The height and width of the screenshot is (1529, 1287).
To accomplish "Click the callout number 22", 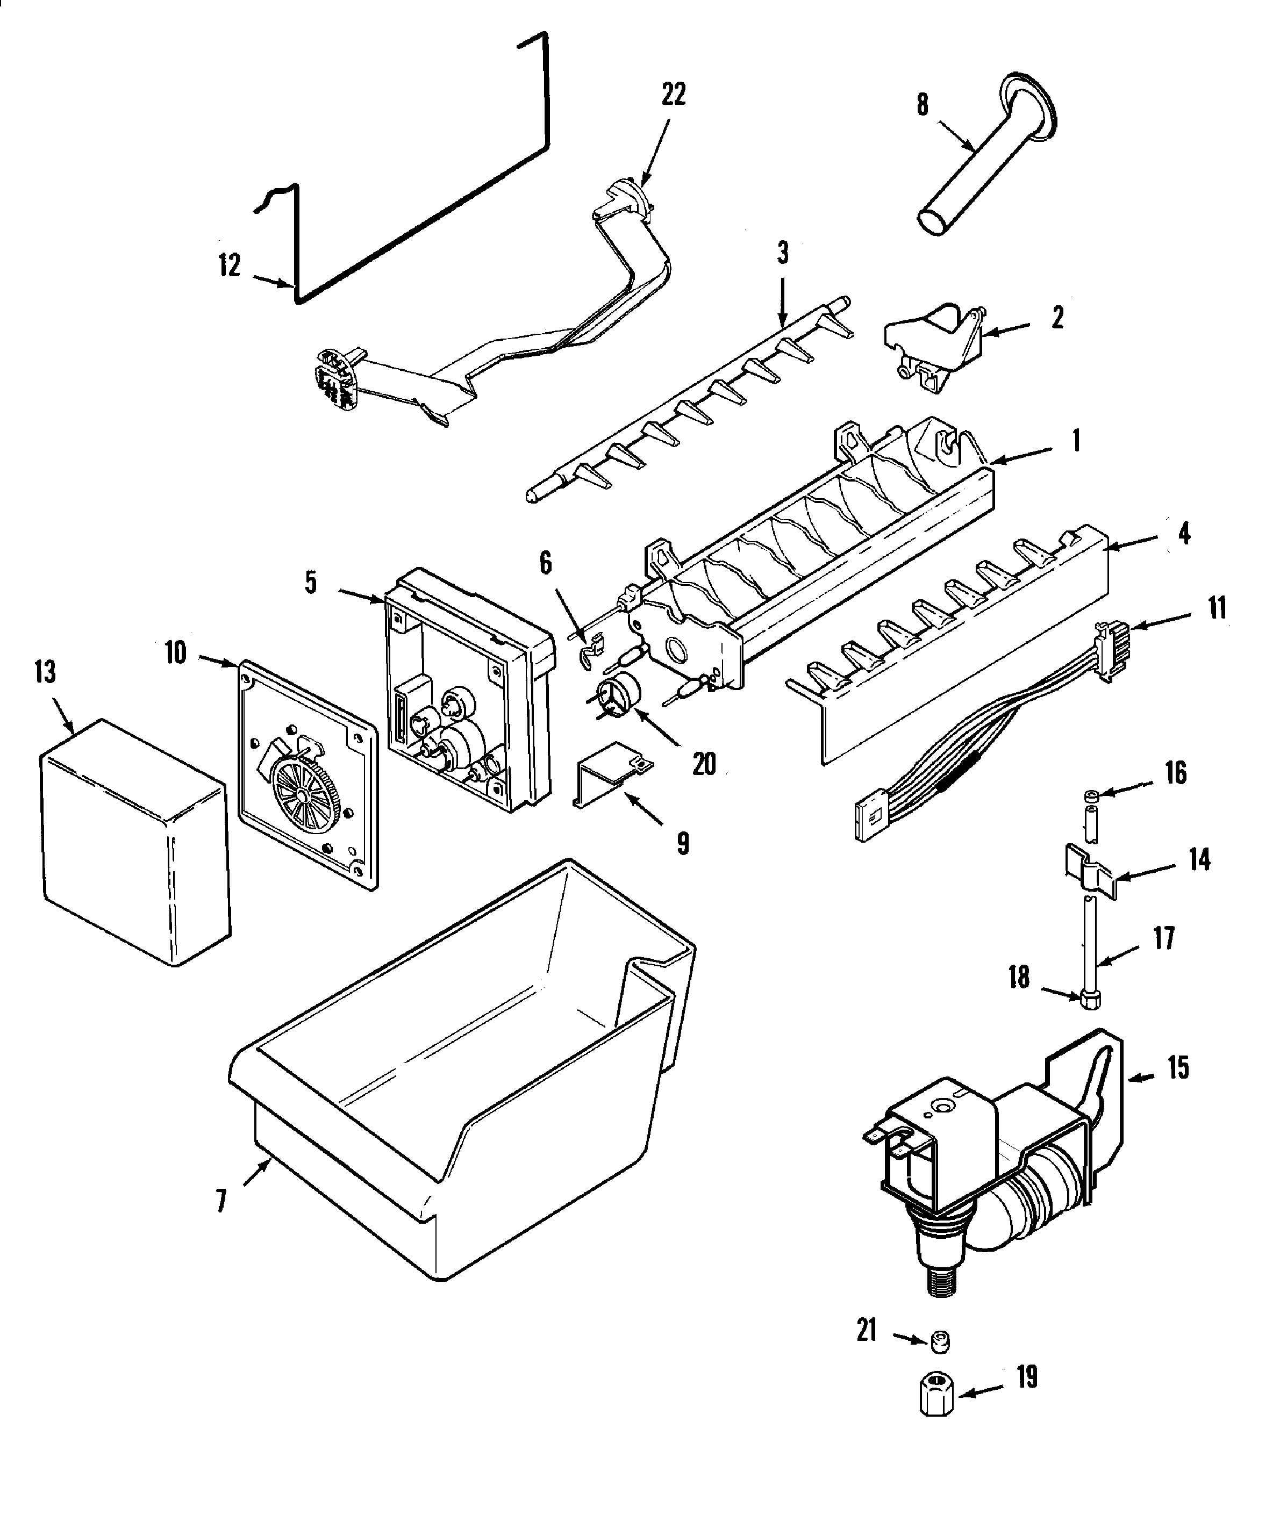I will [674, 95].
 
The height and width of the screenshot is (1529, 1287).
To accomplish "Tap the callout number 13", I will [45, 672].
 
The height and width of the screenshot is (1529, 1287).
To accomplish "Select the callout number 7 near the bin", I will [222, 1200].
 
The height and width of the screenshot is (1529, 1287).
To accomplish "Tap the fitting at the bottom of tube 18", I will [1089, 1000].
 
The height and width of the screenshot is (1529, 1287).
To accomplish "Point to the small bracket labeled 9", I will [611, 773].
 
